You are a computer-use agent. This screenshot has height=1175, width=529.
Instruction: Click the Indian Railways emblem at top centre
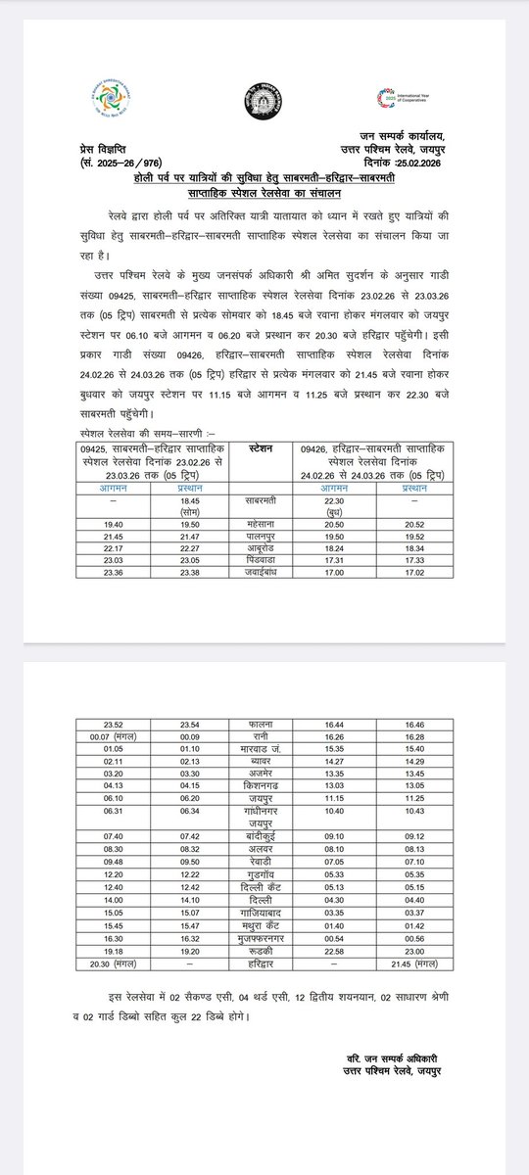tap(262, 102)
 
